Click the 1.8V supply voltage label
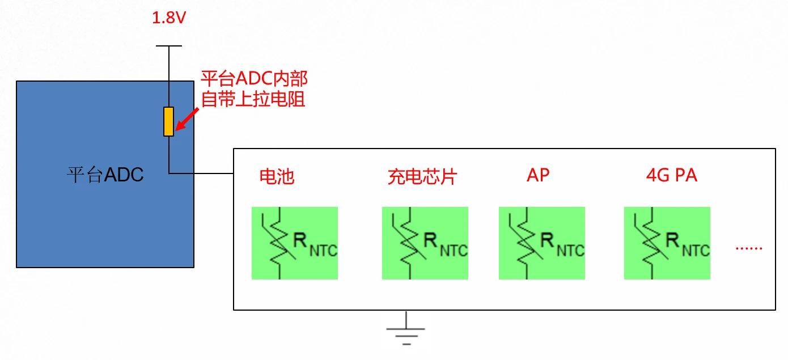click(169, 19)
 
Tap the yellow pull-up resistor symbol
click(168, 121)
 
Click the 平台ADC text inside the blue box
click(105, 175)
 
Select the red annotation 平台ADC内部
click(254, 79)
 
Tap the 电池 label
click(277, 176)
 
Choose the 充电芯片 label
click(422, 176)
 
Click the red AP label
click(538, 175)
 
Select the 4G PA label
click(671, 175)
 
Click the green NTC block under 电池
click(295, 243)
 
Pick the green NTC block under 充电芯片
click(425, 243)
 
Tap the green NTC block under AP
click(541, 243)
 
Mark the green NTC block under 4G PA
click(667, 243)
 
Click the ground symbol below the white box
click(406, 332)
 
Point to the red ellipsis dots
click(749, 247)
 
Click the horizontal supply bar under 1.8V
click(168, 46)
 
